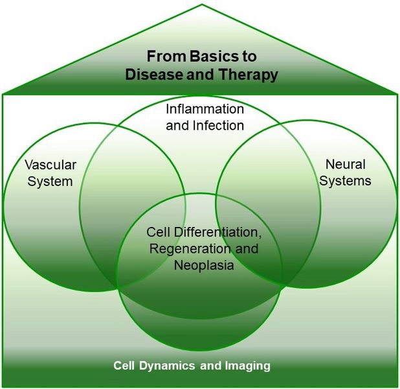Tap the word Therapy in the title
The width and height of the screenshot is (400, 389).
tap(249, 74)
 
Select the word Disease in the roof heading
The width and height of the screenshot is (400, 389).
tap(151, 74)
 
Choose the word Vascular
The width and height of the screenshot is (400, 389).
tap(50, 165)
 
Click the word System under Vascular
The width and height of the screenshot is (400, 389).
tap(50, 181)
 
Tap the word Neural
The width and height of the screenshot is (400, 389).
tap(346, 165)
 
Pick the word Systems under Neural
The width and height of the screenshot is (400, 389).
tap(346, 180)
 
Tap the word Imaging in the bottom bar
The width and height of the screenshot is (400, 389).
tap(249, 366)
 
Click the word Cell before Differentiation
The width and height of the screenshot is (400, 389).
tap(158, 231)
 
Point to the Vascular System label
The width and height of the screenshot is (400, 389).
tap(50, 173)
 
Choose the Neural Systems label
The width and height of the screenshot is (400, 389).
tap(346, 172)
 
